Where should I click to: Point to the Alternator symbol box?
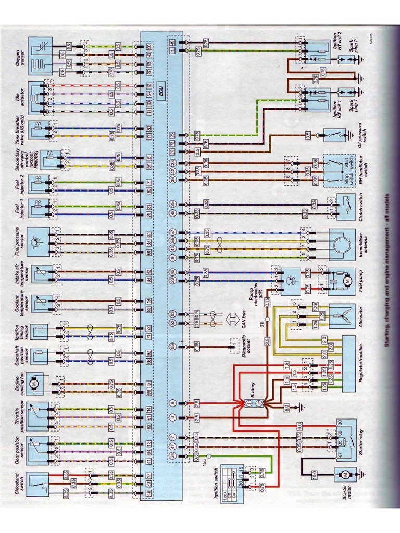[x=342, y=316]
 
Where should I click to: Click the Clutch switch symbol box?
[x=342, y=203]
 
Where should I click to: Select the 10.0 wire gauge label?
[x=314, y=474]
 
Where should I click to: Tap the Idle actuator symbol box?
[x=40, y=97]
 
